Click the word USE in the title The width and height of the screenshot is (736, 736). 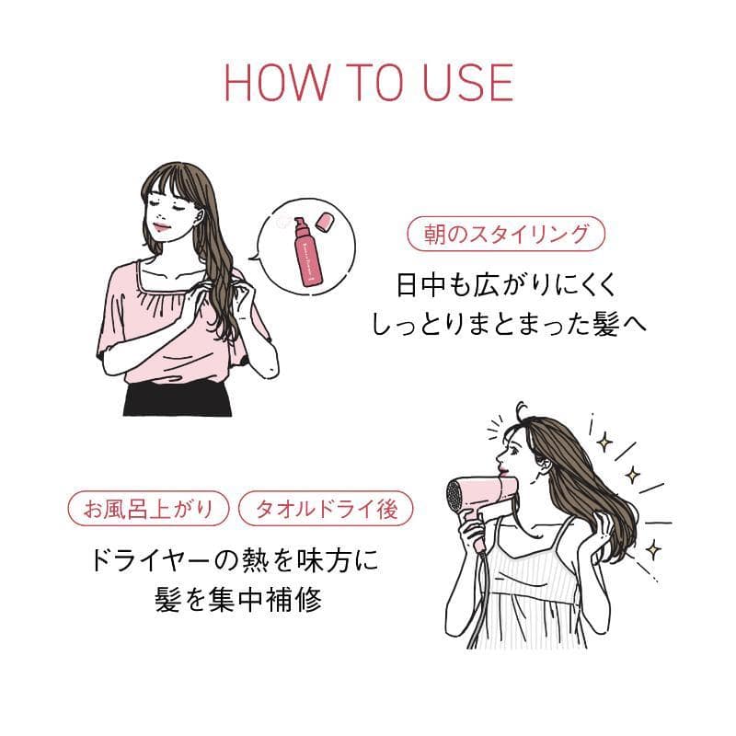[x=467, y=83]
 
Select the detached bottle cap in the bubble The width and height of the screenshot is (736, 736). [x=326, y=222]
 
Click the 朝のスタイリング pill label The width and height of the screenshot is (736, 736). [x=506, y=234]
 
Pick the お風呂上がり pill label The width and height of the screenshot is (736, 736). [x=148, y=509]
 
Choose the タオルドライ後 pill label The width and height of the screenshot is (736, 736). [x=327, y=509]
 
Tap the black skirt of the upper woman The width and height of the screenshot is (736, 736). [x=178, y=399]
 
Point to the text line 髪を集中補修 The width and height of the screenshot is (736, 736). [x=238, y=600]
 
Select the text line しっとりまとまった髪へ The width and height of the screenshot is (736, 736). [x=509, y=324]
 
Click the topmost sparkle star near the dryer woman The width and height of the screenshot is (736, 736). [x=604, y=442]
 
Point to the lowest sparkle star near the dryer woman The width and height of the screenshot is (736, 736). [x=652, y=549]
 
